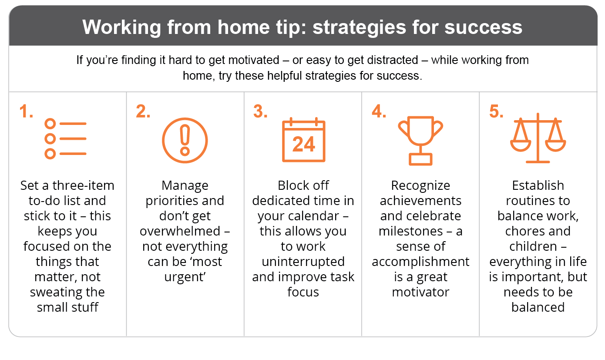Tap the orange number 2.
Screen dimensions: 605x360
pos(143,111)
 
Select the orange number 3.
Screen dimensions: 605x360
pos(260,111)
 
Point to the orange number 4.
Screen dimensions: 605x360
pos(379,111)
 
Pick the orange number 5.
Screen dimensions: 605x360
pos(496,111)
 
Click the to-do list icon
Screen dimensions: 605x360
pos(65,138)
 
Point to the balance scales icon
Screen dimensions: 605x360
pos(538,138)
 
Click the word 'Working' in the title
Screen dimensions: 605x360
pos(122,27)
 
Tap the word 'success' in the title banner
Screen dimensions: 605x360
pos(483,27)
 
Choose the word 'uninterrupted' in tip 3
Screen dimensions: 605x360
pos(303,262)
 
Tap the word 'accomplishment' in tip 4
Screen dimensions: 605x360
pos(420,262)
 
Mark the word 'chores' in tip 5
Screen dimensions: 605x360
pos(522,231)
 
